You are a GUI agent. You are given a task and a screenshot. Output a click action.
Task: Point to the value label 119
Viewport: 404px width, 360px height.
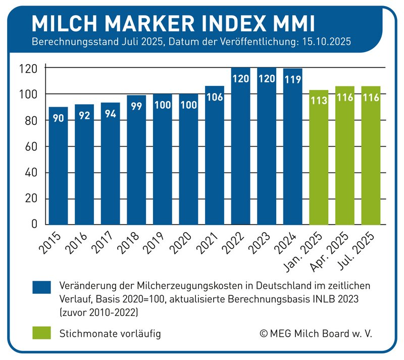click(293, 78)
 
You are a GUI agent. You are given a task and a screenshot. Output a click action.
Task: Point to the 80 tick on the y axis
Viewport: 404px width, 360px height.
click(32, 121)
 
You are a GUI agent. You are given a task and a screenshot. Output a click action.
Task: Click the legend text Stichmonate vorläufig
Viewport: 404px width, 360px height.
click(110, 334)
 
